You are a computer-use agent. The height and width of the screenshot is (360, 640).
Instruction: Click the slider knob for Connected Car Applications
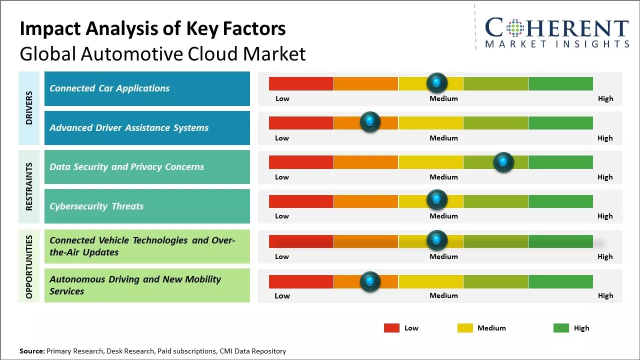[437, 82]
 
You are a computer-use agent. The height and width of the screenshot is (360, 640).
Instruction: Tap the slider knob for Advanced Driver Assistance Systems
[370, 121]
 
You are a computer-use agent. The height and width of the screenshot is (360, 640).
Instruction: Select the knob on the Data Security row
[503, 162]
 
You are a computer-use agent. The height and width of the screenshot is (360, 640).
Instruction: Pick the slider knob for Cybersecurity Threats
[437, 200]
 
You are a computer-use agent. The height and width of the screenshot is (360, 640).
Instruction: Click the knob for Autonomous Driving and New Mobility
[370, 281]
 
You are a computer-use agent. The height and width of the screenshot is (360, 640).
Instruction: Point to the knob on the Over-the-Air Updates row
[437, 240]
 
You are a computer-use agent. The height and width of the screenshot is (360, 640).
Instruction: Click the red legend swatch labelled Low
[391, 328]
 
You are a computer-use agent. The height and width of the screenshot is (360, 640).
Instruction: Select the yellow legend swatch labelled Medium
[465, 328]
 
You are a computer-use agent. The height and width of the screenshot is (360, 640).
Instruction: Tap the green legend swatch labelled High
[561, 328]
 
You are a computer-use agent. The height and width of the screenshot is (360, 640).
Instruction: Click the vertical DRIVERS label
[29, 107]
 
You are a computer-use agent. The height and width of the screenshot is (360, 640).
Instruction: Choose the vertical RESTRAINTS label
[29, 186]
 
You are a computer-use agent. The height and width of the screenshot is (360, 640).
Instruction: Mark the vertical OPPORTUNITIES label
[29, 266]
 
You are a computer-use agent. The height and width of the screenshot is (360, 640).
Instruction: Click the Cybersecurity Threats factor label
[96, 206]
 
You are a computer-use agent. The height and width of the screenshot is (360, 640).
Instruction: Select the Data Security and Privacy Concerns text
[126, 167]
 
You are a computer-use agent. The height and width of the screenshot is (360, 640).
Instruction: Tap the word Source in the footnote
[32, 351]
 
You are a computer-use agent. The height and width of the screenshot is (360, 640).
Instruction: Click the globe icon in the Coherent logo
[514, 28]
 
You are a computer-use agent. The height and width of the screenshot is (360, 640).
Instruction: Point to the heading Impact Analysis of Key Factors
[152, 29]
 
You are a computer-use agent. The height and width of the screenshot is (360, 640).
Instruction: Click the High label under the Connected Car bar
[605, 98]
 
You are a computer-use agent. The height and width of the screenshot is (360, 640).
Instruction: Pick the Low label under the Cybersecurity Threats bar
[282, 216]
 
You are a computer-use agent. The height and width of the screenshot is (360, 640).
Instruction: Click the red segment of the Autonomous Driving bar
[301, 281]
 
